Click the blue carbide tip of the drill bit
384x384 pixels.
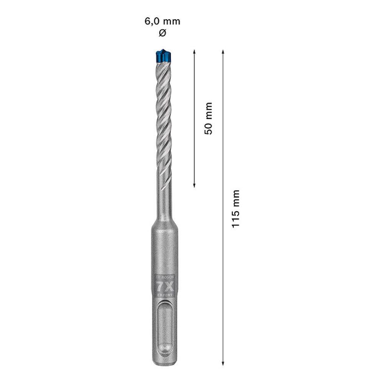pos(162,56)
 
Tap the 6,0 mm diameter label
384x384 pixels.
pos(162,22)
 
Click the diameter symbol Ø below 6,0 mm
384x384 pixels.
pos(162,33)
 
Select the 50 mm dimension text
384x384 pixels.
pos(208,118)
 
